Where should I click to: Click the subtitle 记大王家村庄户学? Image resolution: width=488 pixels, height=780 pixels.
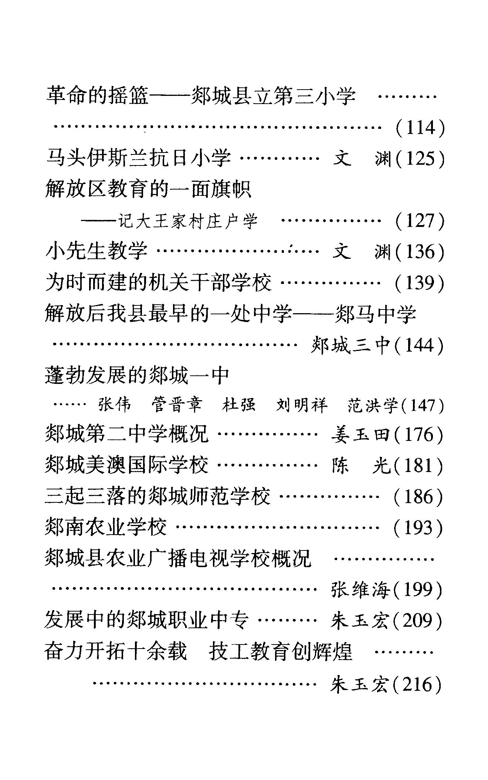tap(188, 221)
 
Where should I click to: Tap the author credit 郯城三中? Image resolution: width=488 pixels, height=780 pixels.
tap(351, 345)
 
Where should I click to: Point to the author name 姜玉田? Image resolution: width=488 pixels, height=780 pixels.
tap(361, 435)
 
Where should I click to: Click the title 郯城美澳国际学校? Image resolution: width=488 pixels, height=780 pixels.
tap(126, 465)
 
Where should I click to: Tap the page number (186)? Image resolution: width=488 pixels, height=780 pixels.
tap(418, 496)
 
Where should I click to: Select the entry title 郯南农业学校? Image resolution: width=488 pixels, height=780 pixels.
tap(106, 528)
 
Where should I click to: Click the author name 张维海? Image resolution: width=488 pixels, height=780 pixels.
tap(360, 590)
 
